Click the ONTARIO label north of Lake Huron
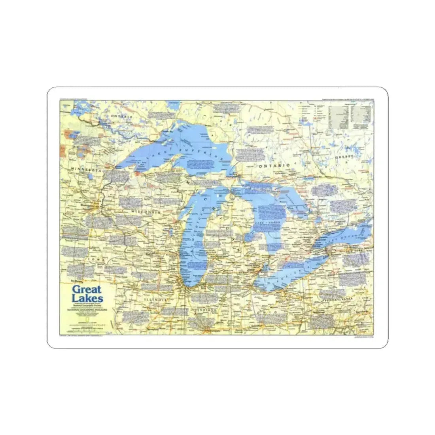[274, 165]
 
